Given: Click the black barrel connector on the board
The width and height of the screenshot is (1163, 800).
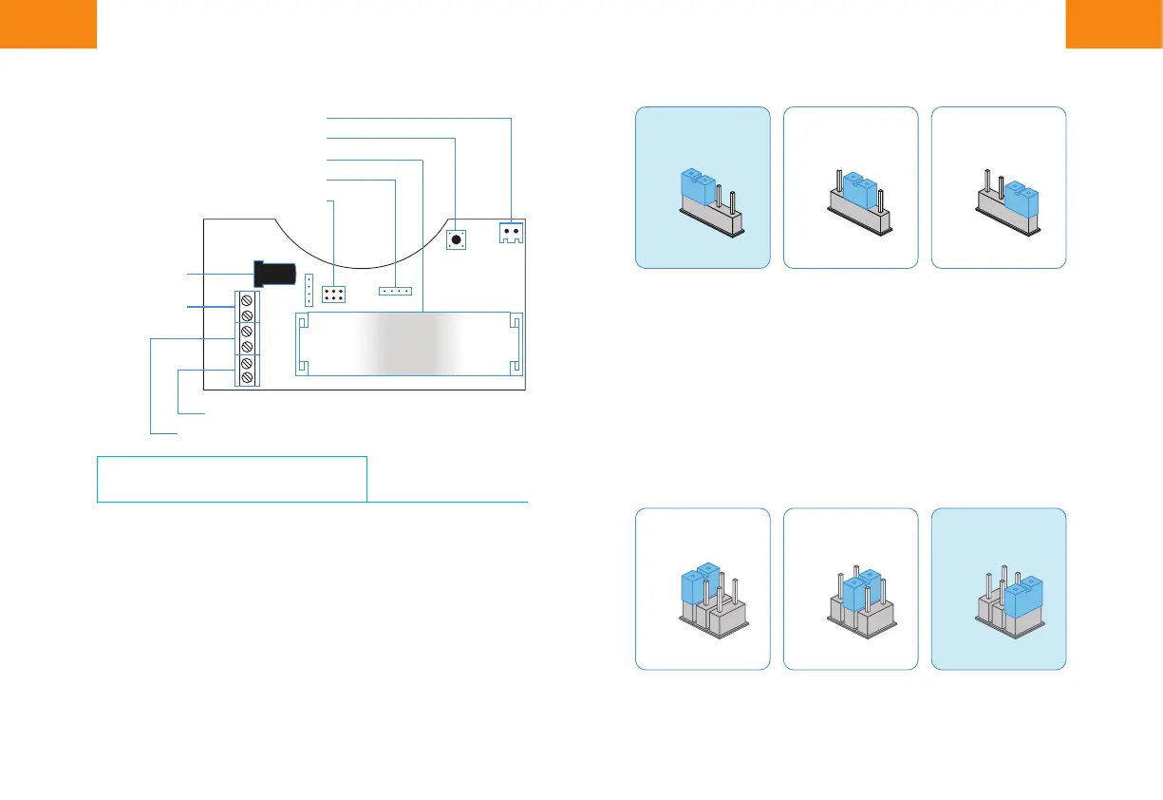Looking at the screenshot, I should (x=273, y=274).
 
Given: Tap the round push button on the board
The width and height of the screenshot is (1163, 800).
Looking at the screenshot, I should (x=457, y=239).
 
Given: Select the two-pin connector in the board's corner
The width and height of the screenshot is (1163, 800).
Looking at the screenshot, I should (x=512, y=232).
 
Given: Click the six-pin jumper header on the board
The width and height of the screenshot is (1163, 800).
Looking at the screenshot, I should (x=332, y=294).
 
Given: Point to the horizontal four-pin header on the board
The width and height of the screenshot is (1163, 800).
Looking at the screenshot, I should (x=394, y=290).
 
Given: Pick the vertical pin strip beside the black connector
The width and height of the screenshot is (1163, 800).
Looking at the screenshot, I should (x=309, y=285).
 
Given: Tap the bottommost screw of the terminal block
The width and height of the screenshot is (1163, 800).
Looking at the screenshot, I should (x=247, y=378).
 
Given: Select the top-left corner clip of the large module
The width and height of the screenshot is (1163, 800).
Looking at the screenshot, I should (x=303, y=324).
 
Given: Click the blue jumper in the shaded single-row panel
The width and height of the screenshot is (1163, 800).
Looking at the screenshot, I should (x=699, y=189).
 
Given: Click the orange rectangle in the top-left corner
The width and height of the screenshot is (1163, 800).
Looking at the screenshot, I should (x=48, y=23).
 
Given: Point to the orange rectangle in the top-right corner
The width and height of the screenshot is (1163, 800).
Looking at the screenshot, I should (x=1114, y=23).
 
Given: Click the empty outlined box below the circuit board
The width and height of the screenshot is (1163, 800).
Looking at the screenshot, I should (x=232, y=478).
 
